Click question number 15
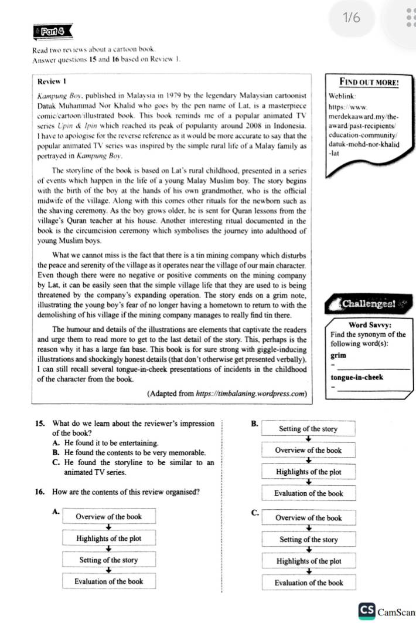coord(40,423)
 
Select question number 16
coord(40,492)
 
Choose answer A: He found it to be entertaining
coord(105,442)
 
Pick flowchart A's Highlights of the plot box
coord(108,539)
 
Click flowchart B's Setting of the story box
coord(308,429)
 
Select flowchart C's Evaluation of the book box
coord(308,583)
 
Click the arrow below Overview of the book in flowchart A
coord(108,528)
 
